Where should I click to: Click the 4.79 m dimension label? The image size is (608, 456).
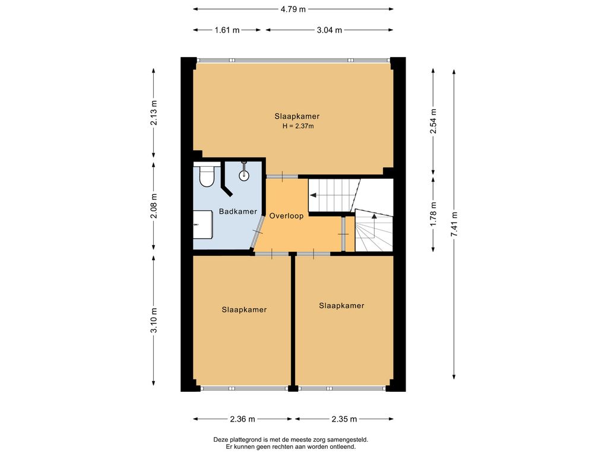pyautogui.click(x=293, y=9)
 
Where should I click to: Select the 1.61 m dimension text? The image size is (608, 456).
pyautogui.click(x=227, y=30)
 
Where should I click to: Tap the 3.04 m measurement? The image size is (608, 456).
pyautogui.click(x=329, y=30)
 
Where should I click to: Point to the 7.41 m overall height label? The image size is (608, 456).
pyautogui.click(x=454, y=224)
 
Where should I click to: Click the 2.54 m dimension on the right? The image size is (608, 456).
pyautogui.click(x=433, y=121)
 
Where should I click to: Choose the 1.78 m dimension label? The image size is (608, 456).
pyautogui.click(x=433, y=214)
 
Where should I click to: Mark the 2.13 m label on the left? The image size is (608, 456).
pyautogui.click(x=154, y=112)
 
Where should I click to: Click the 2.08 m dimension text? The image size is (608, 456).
pyautogui.click(x=154, y=205)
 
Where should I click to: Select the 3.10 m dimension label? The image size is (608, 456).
pyautogui.click(x=154, y=320)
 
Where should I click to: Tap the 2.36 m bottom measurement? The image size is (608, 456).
pyautogui.click(x=242, y=419)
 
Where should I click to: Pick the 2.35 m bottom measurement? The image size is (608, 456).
pyautogui.click(x=344, y=419)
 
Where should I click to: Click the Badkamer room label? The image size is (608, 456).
pyautogui.click(x=237, y=211)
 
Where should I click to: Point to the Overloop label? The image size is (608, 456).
pyautogui.click(x=286, y=216)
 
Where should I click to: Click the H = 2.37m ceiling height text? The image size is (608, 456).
pyautogui.click(x=297, y=126)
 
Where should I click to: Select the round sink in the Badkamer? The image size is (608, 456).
pyautogui.click(x=244, y=175)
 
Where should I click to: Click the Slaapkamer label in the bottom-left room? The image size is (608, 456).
pyautogui.click(x=244, y=309)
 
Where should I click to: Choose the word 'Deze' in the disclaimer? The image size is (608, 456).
pyautogui.click(x=220, y=440)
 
